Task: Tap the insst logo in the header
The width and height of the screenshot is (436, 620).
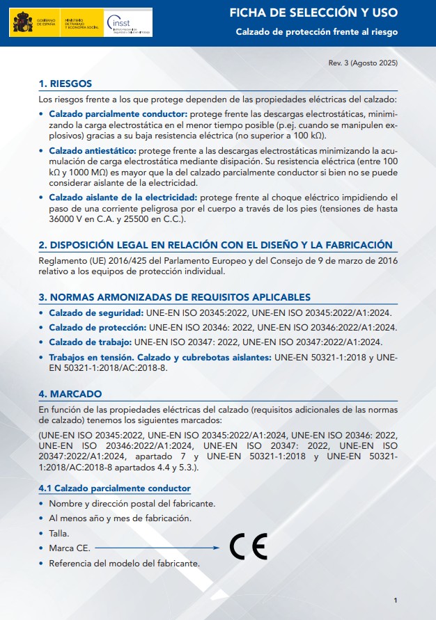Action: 127,22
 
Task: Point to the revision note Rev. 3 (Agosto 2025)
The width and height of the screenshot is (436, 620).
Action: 363,63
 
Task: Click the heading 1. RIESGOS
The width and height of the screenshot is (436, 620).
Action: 65,84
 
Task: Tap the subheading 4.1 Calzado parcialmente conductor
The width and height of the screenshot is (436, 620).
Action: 114,488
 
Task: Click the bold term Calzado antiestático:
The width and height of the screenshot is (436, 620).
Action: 93,150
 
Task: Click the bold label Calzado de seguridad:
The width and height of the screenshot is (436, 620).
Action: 95,313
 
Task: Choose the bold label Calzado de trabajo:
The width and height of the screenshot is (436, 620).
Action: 90,342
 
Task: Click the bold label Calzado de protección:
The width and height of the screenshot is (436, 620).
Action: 97,327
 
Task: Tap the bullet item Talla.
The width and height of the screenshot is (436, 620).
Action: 59,533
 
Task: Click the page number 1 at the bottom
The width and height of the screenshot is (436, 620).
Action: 395,601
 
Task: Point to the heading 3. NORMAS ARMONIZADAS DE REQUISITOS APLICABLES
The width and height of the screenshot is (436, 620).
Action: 175,297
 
